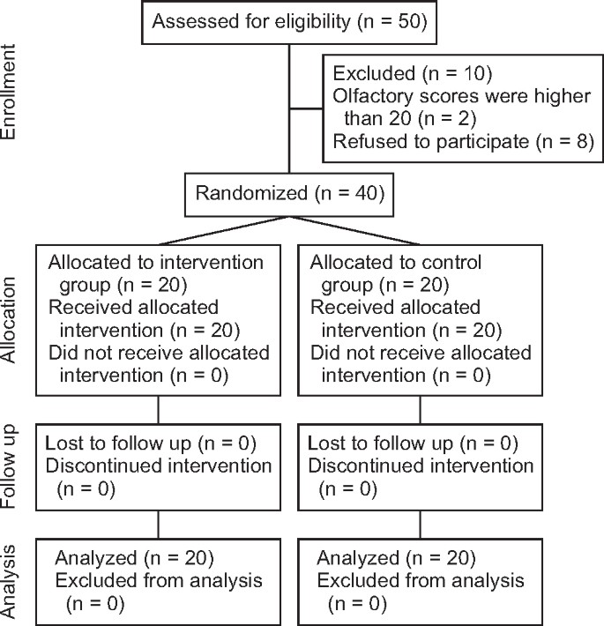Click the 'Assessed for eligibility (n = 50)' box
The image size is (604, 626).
click(x=290, y=22)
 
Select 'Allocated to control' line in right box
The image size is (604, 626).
click(x=397, y=264)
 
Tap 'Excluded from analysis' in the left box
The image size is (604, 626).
click(x=159, y=581)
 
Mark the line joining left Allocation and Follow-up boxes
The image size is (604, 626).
click(x=158, y=412)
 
